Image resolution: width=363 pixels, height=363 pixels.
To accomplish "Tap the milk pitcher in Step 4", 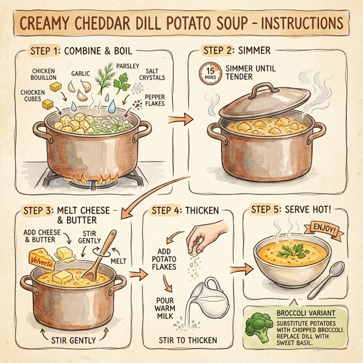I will coord(204,299).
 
